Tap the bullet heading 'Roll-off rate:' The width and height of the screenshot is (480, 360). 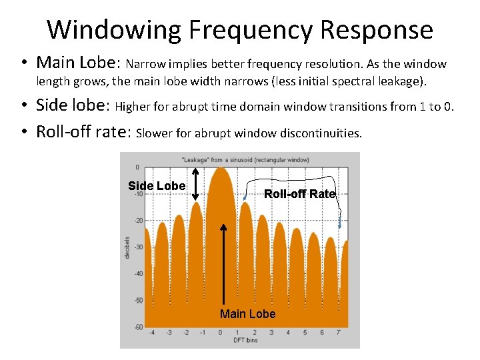pyautogui.click(x=83, y=131)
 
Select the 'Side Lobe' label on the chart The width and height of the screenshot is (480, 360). pyautogui.click(x=157, y=186)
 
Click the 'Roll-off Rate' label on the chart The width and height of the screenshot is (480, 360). pyautogui.click(x=300, y=194)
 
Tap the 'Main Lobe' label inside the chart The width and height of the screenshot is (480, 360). pyautogui.click(x=247, y=314)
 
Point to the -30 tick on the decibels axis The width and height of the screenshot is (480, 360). pyautogui.click(x=138, y=247)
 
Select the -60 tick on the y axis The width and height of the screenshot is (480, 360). pyautogui.click(x=138, y=327)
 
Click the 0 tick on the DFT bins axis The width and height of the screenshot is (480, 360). pyautogui.click(x=221, y=333)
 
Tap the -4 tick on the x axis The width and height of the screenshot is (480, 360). pyautogui.click(x=152, y=333)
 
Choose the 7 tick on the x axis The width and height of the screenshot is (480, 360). pyautogui.click(x=339, y=333)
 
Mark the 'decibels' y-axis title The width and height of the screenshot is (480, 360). pyautogui.click(x=127, y=247)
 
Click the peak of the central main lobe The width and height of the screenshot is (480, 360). pyautogui.click(x=221, y=168)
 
